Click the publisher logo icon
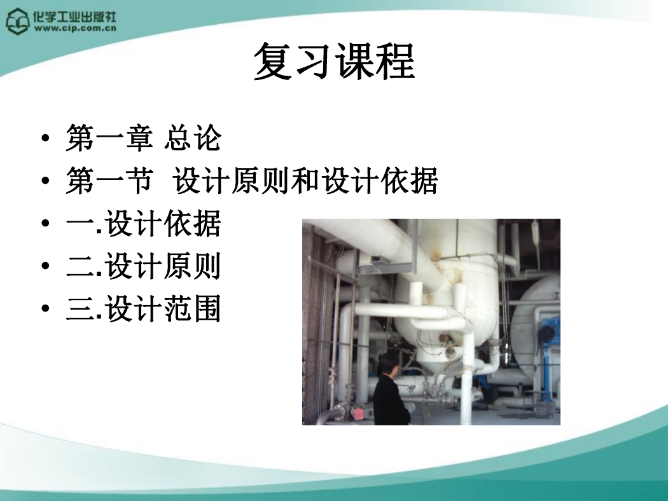pyautogui.click(x=17, y=21)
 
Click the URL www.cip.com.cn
pyautogui.click(x=76, y=29)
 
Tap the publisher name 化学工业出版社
pyautogui.click(x=75, y=17)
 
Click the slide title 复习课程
pyautogui.click(x=335, y=62)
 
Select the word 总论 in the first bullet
pyautogui.click(x=193, y=138)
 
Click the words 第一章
pyautogui.click(x=109, y=138)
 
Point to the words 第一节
pyautogui.click(x=109, y=181)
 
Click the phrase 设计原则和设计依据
pyautogui.click(x=305, y=181)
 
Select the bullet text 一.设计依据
pyautogui.click(x=144, y=223)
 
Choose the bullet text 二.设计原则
pyautogui.click(x=144, y=266)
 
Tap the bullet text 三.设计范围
pyautogui.click(x=144, y=308)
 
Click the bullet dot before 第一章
pyautogui.click(x=46, y=139)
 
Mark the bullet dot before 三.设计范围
pyautogui.click(x=46, y=308)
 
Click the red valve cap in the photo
pyautogui.click(x=359, y=413)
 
